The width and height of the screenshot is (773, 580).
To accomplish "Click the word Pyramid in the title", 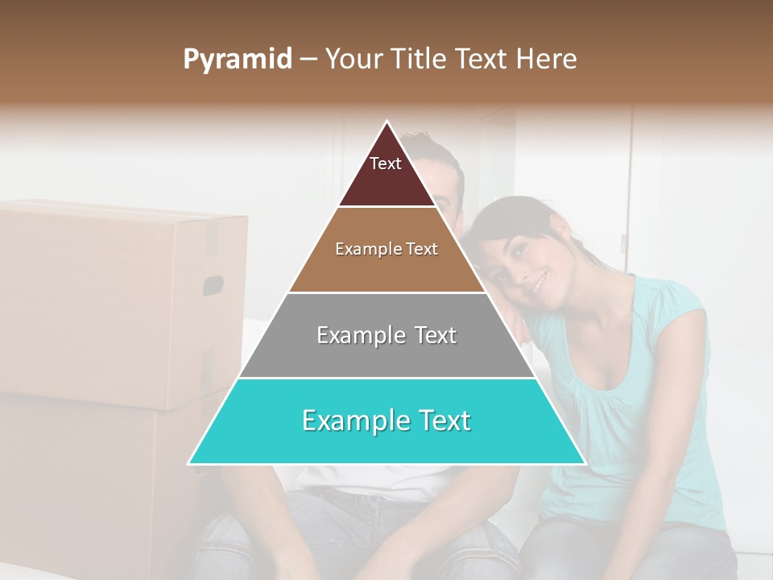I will tap(238, 60).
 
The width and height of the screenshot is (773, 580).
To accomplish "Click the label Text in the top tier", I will tap(386, 164).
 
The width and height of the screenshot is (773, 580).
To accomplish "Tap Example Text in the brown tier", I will tap(386, 249).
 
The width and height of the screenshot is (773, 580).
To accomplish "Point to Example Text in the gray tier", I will tap(386, 335).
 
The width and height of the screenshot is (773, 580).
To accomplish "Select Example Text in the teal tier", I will tap(386, 420).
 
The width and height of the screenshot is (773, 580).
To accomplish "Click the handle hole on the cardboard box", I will tap(213, 285).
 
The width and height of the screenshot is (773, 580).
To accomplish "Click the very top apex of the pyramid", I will tap(387, 122).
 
